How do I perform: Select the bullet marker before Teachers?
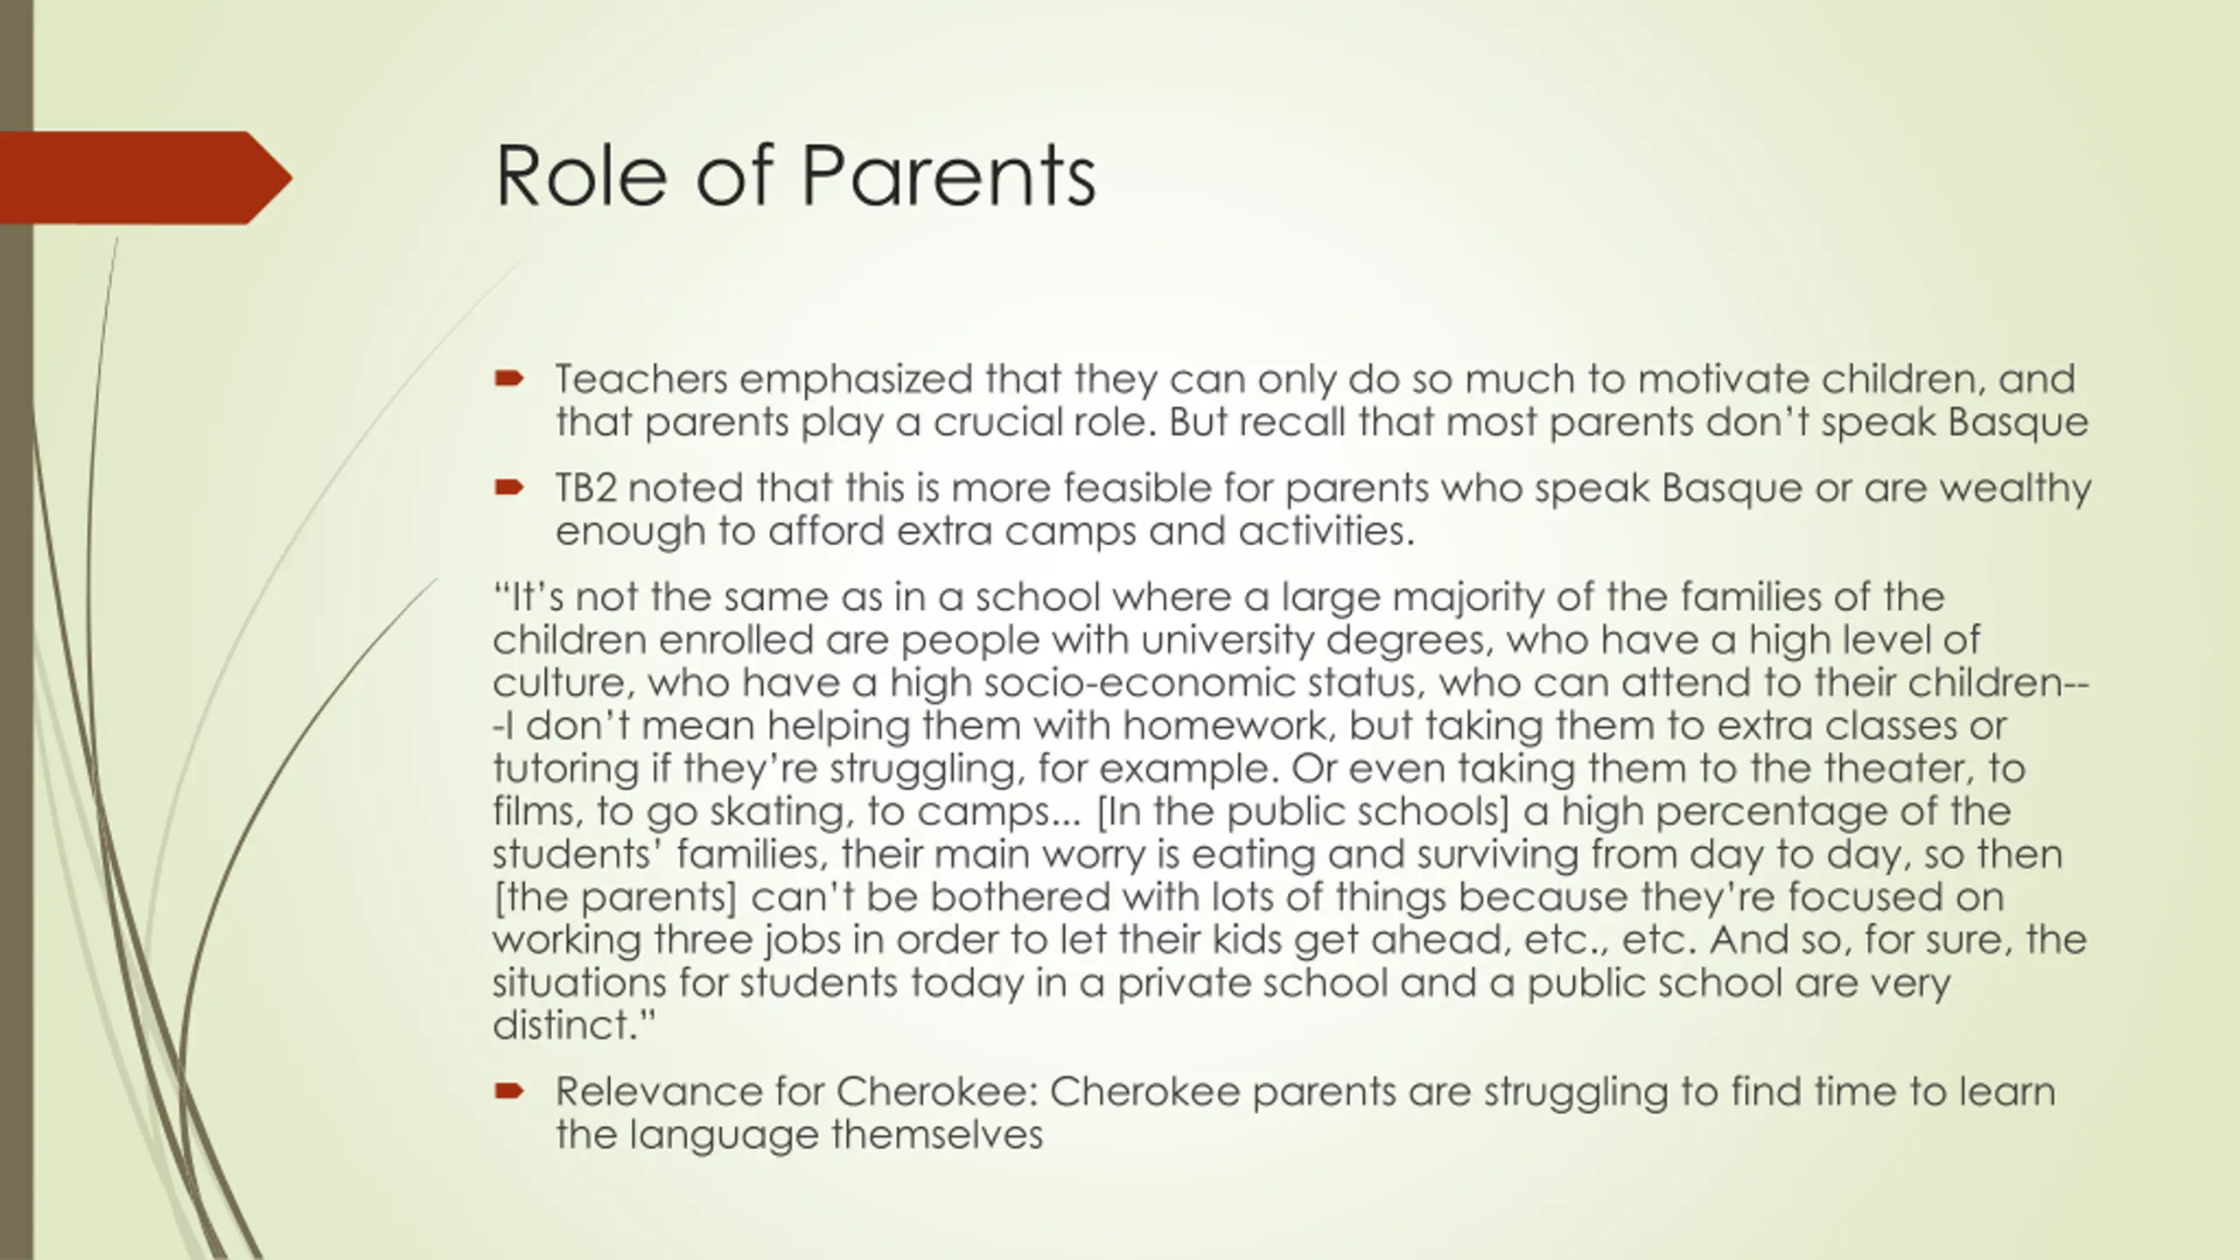508,379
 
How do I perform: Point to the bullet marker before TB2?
508,487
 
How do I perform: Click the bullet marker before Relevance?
508,1091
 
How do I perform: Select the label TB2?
586,487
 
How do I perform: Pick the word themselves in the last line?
936,1135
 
